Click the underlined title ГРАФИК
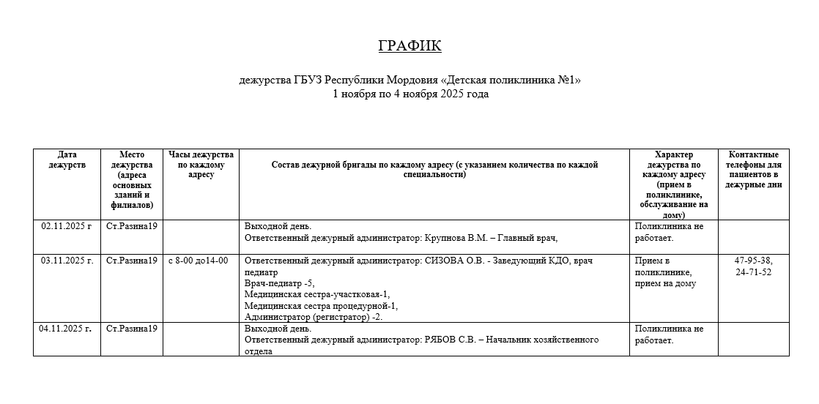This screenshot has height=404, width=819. coord(409,46)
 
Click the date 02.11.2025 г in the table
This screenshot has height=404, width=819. coord(66,226)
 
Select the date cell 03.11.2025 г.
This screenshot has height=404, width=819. coord(67,261)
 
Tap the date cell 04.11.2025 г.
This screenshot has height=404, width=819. coord(66,329)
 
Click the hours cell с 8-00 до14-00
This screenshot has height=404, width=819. coord(198,261)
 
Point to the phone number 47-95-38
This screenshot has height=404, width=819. coord(753,261)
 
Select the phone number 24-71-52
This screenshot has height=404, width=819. coord(753,272)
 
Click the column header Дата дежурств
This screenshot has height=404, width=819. coord(67,160)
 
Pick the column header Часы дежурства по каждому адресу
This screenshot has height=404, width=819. coord(201,165)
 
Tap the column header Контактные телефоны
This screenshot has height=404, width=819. coord(753,170)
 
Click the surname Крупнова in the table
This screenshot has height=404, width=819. coord(448,237)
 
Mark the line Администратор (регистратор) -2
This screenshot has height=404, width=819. coord(313,317)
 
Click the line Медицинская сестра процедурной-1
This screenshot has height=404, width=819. coord(321,306)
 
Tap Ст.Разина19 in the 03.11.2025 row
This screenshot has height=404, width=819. coord(132,261)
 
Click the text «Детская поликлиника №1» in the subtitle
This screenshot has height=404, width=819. coord(511,81)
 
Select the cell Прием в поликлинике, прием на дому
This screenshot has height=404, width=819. coord(667,272)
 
